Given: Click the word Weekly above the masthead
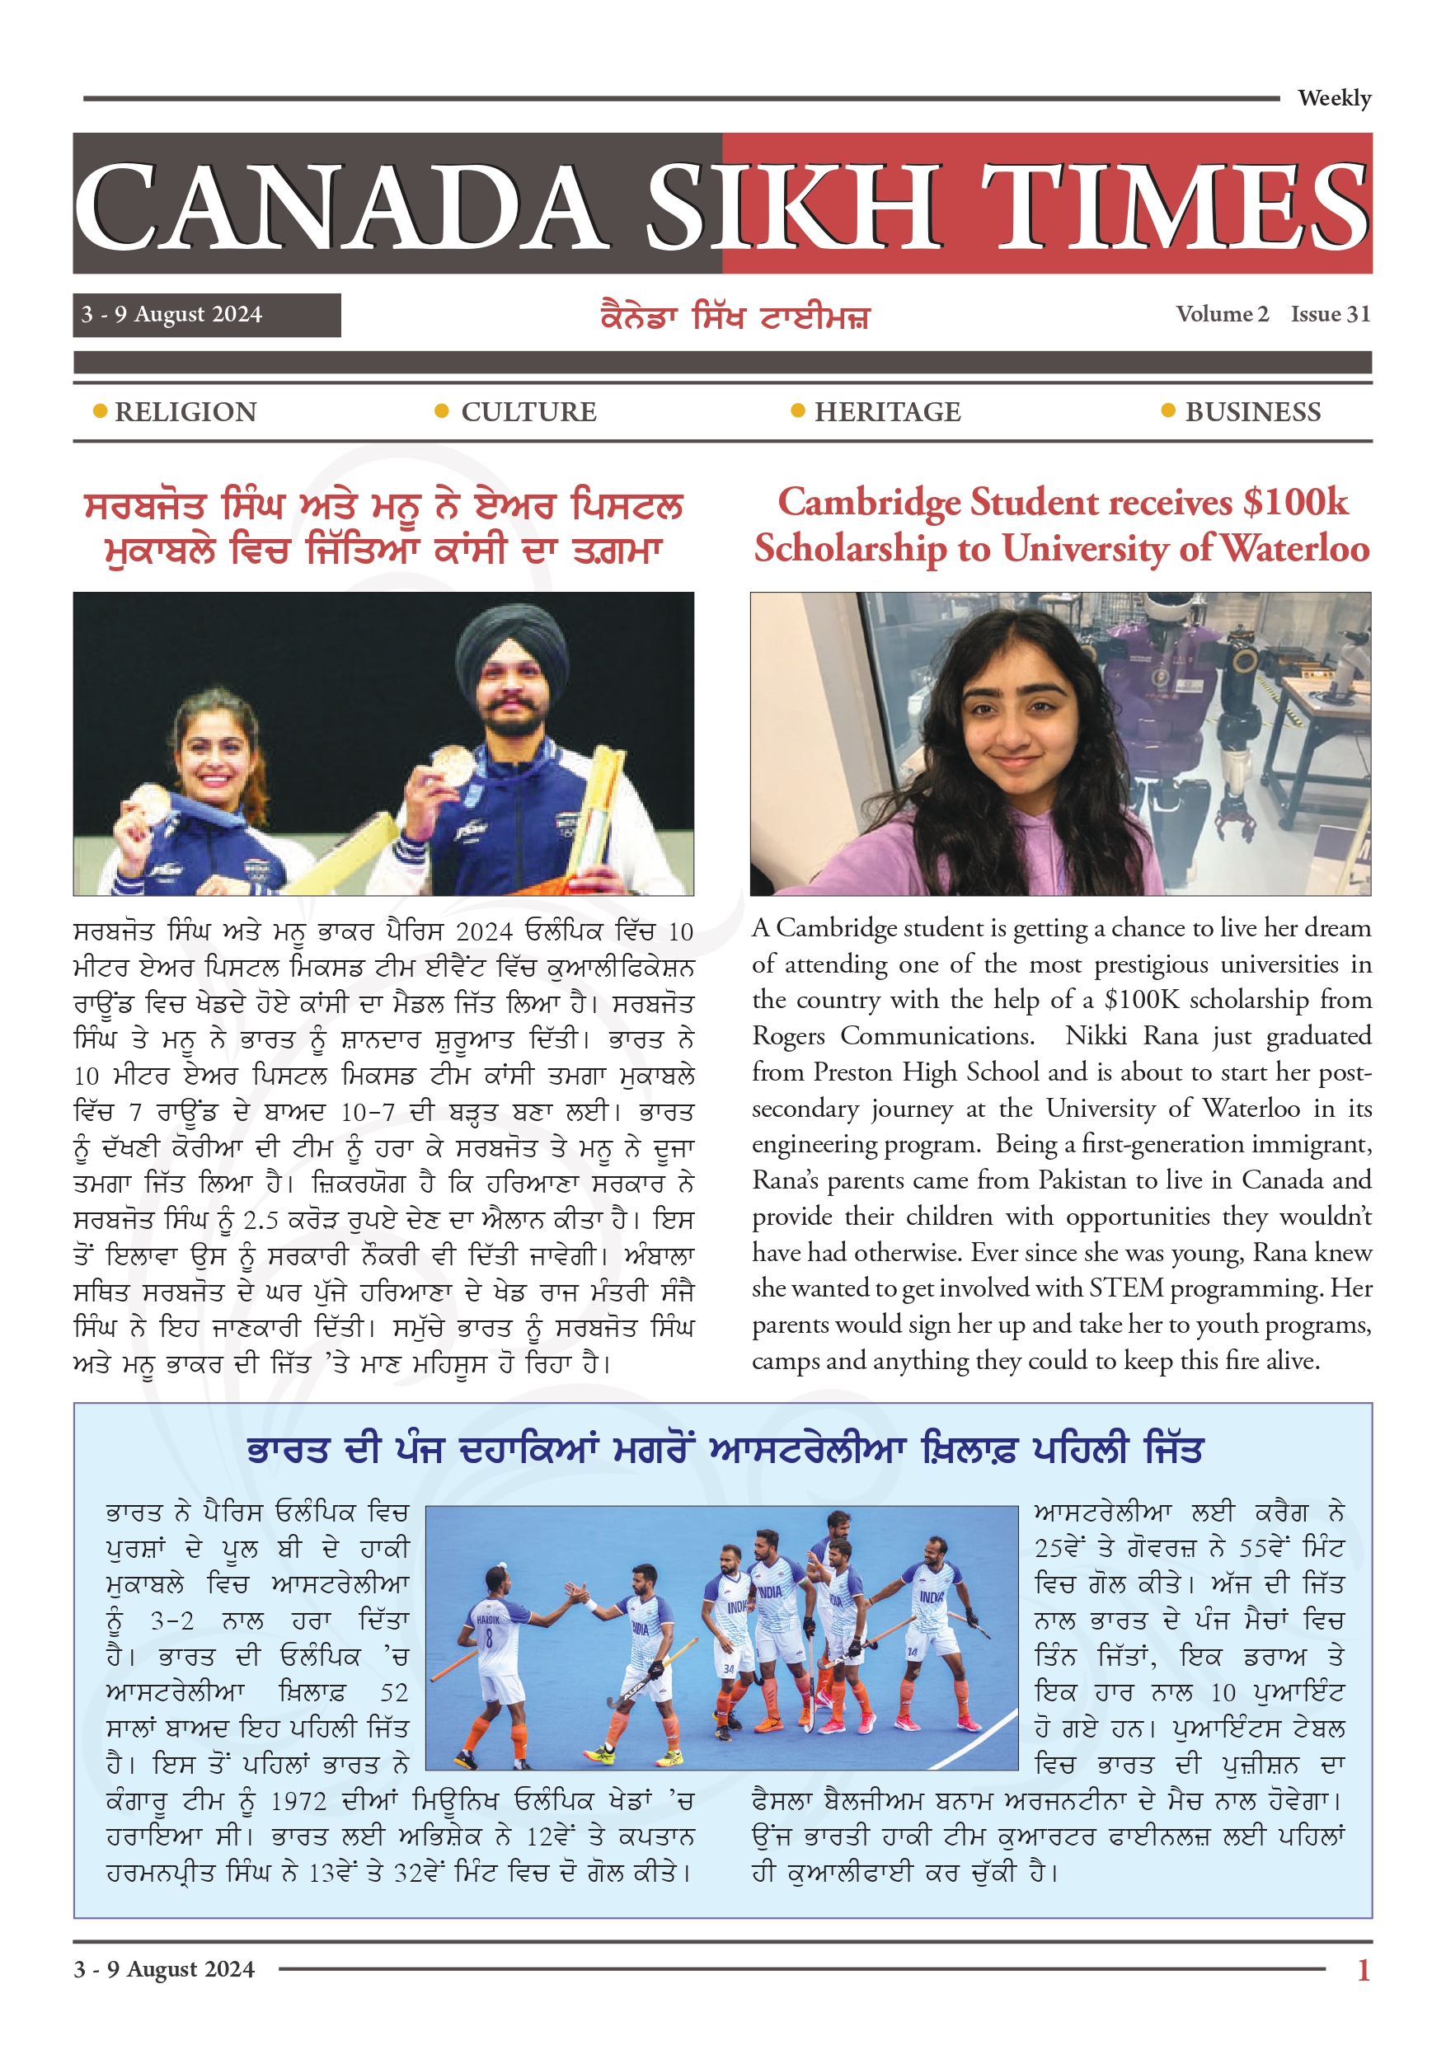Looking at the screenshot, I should pos(1333,98).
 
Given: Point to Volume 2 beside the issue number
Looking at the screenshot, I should pos(1221,314).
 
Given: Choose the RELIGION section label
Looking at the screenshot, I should pos(185,412).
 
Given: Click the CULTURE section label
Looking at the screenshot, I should pos(528,412).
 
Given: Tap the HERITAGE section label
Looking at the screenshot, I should pos(886,412).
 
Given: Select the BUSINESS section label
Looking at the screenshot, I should pos(1251,412).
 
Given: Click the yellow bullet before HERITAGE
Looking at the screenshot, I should pos(797,410).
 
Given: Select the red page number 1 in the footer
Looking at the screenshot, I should pos(1362,1969).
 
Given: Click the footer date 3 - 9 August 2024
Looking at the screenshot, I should pos(164,1968).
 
